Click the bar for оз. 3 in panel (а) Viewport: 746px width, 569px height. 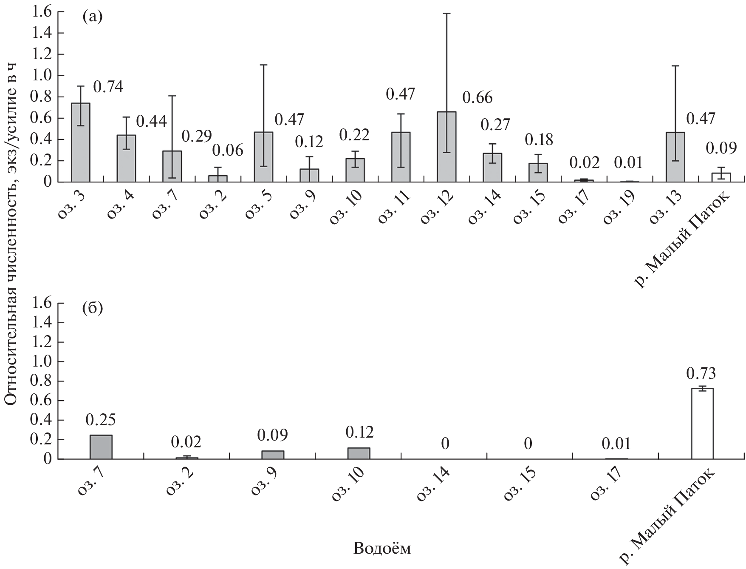pyautogui.click(x=80, y=142)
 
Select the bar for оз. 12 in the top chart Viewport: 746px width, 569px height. pyautogui.click(x=446, y=147)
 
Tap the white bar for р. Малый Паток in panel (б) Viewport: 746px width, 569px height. pyautogui.click(x=702, y=424)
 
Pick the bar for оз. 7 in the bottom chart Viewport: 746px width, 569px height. pyautogui.click(x=101, y=447)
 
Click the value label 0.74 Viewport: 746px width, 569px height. pyautogui.click(x=108, y=87)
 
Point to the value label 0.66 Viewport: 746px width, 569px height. pyautogui.click(x=478, y=98)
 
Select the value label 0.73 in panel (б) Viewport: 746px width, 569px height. pyautogui.click(x=701, y=373)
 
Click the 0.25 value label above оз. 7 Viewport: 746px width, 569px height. pyautogui.click(x=101, y=420)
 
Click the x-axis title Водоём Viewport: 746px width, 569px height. pyautogui.click(x=382, y=549)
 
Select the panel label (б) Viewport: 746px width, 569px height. pyautogui.click(x=92, y=308)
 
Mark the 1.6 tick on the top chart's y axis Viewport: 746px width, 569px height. pyautogui.click(x=40, y=12)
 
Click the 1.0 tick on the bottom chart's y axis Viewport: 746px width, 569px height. pyautogui.click(x=40, y=361)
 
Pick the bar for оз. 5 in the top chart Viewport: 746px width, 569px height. pyautogui.click(x=263, y=157)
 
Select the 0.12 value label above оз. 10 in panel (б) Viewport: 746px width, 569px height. pyautogui.click(x=359, y=432)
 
